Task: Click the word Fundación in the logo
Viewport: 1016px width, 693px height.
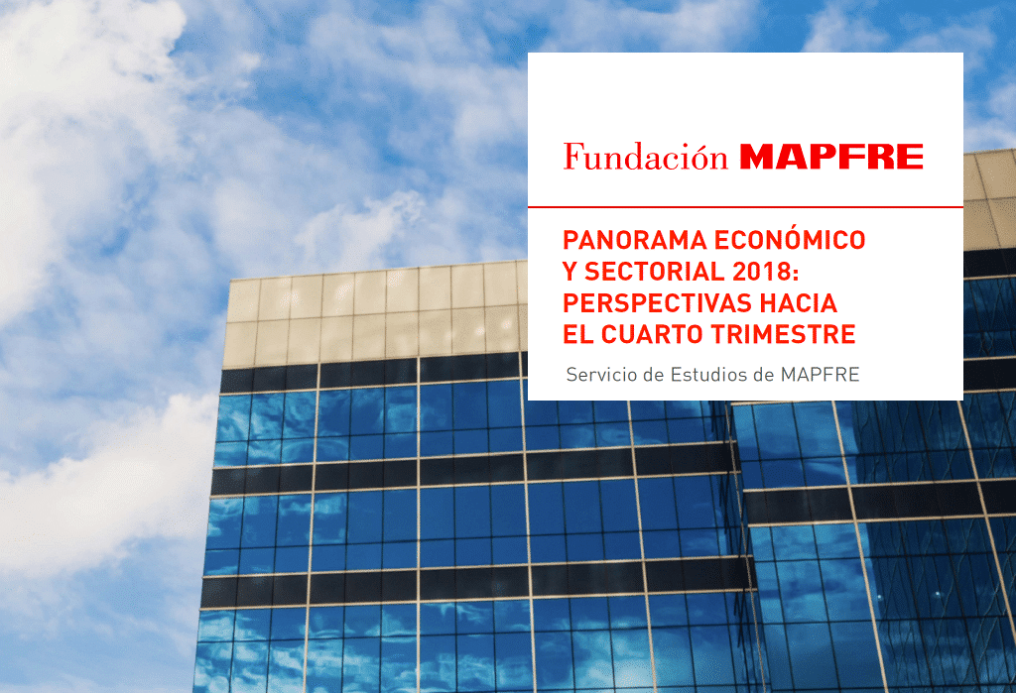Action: (x=645, y=157)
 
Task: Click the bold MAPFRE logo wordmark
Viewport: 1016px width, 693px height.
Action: (x=831, y=158)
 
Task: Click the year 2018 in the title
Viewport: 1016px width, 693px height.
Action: (x=761, y=272)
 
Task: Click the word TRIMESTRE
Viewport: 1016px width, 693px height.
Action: (x=784, y=335)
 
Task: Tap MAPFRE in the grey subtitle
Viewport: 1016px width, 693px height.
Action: (x=821, y=375)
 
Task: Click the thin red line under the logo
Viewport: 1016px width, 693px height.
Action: (x=745, y=207)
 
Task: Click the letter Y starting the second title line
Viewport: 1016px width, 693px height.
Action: (x=571, y=272)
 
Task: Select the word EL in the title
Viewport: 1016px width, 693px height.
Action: (x=578, y=335)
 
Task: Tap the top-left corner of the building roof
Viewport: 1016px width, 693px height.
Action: (x=229, y=280)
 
